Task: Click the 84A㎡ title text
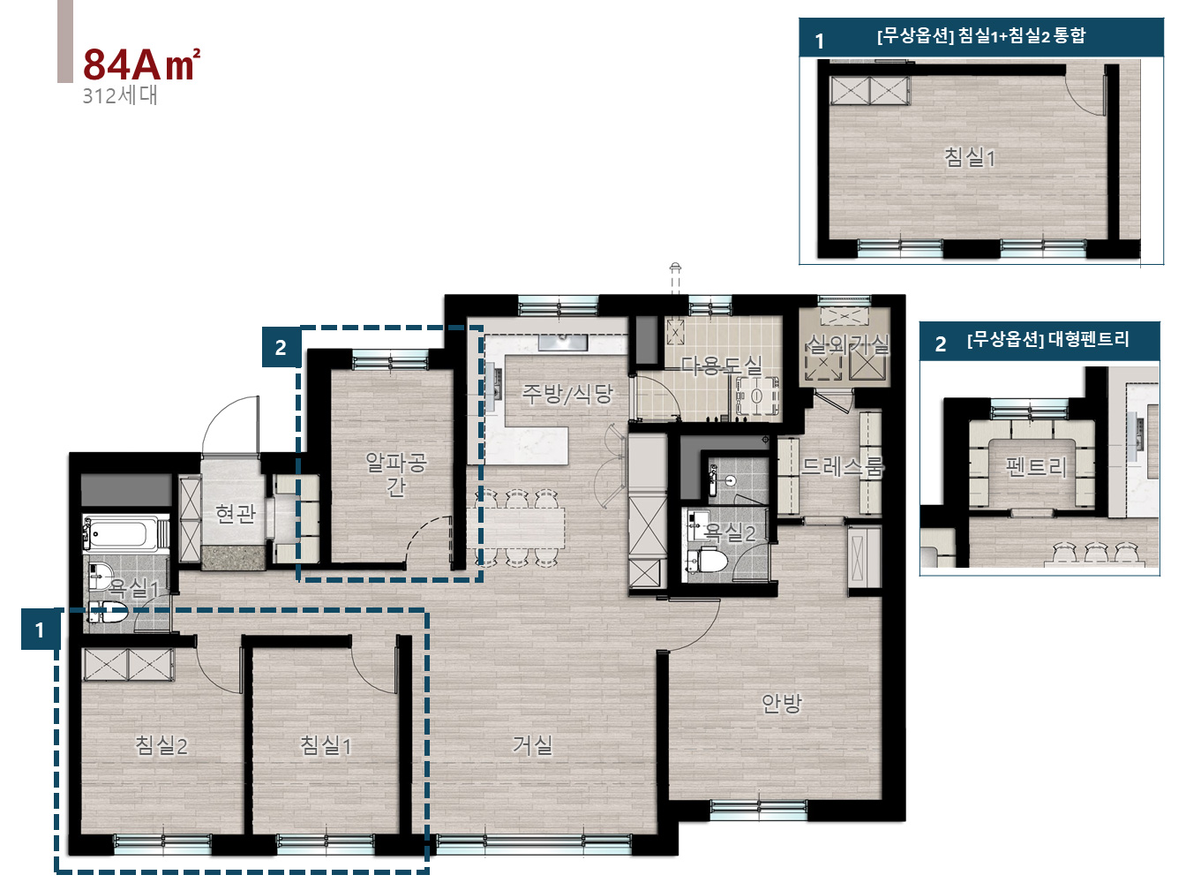click(141, 64)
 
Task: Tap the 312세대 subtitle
click(119, 95)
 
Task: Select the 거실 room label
click(533, 745)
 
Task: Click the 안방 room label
click(781, 703)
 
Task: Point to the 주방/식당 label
click(567, 394)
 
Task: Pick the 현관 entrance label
click(235, 513)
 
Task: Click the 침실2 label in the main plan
click(161, 746)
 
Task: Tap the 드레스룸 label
click(843, 466)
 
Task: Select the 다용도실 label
click(721, 366)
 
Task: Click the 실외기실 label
click(847, 344)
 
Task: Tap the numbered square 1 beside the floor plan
click(40, 630)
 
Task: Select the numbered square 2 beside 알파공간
click(281, 347)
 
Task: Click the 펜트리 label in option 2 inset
click(1036, 466)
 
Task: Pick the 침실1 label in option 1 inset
click(969, 158)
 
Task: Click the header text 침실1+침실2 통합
click(1022, 35)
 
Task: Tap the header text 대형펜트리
click(1089, 339)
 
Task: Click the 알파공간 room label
click(396, 474)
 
